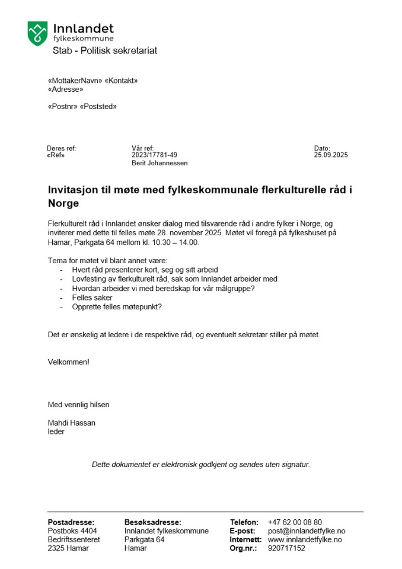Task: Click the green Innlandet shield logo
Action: [37, 33]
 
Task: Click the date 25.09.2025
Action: [331, 155]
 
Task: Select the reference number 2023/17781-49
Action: [154, 155]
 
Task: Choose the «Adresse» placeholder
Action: [65, 89]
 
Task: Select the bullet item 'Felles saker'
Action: [92, 298]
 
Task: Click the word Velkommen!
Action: [69, 362]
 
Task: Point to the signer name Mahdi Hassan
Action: [71, 423]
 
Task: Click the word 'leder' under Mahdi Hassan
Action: [56, 431]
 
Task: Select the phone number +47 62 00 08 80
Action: [295, 522]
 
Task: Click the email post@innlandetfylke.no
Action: [307, 531]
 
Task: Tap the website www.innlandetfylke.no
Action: [305, 540]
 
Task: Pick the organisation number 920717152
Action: [286, 548]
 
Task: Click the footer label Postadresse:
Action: [71, 522]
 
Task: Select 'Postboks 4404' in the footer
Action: [72, 531]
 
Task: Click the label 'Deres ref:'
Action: [62, 148]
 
